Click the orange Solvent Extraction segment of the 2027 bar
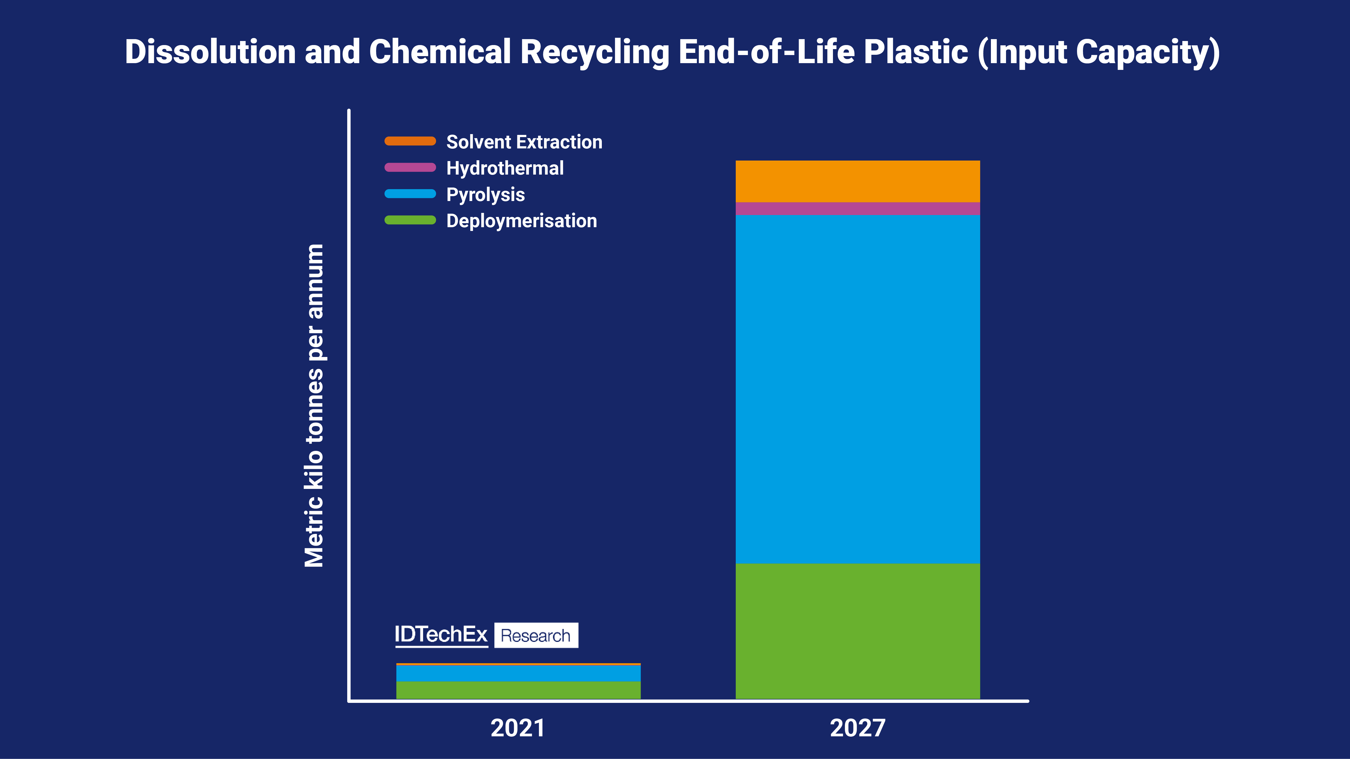[x=857, y=181]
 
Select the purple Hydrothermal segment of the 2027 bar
[x=857, y=209]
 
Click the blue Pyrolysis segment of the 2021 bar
[x=518, y=673]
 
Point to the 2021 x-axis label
[x=518, y=728]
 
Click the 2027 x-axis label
[x=857, y=728]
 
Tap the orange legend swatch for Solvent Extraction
[x=410, y=141]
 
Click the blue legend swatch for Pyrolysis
[x=410, y=194]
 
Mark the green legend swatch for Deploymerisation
[x=410, y=220]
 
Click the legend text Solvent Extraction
[x=524, y=142]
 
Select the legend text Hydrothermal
[x=505, y=168]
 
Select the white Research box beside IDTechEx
[x=536, y=635]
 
